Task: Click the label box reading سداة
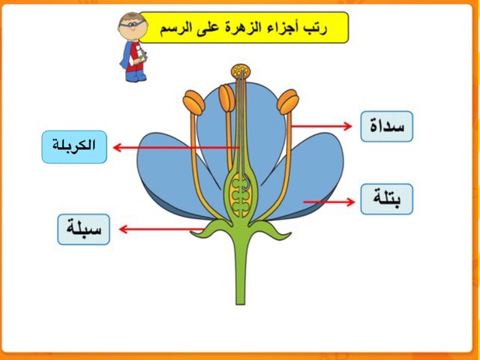tap(387, 127)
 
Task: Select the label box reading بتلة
tap(387, 199)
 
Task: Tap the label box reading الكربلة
tap(74, 147)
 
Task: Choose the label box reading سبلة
tap(83, 229)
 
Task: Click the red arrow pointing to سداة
tap(322, 126)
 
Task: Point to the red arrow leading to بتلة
tap(329, 202)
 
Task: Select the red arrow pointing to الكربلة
tap(176, 148)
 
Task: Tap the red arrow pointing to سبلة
tap(162, 229)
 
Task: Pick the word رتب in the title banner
tap(316, 28)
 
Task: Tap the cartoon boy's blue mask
tap(133, 23)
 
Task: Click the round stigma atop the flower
tap(241, 71)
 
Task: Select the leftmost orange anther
tap(193, 103)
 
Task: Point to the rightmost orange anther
tap(288, 102)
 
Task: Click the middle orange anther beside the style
tap(226, 98)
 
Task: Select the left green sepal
tap(211, 229)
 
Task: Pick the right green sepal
tap(270, 229)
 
